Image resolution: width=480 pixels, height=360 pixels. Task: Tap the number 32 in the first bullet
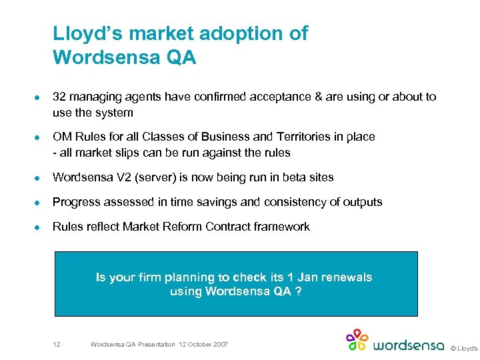coord(59,97)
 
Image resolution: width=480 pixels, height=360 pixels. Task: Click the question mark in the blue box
coord(297,291)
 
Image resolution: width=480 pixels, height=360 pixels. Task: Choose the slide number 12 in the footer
coord(57,344)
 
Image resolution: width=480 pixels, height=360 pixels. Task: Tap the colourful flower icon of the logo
coord(357,340)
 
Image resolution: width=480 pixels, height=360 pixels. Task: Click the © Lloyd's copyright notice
coord(464,347)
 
